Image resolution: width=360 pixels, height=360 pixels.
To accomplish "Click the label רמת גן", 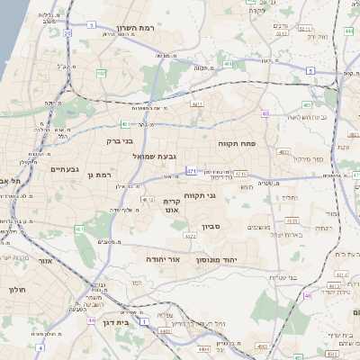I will coord(97,174).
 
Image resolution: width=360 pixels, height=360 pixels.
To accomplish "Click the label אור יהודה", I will coord(163,258).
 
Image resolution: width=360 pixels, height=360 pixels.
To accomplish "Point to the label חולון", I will coord(17,290).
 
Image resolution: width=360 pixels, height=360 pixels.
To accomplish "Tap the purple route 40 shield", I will coord(265,112).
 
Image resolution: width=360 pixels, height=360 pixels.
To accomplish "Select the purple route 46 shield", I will coord(307,294).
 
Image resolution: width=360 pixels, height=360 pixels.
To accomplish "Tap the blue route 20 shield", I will coord(68,33).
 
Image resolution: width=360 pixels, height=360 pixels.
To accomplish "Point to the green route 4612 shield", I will coord(146,200).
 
